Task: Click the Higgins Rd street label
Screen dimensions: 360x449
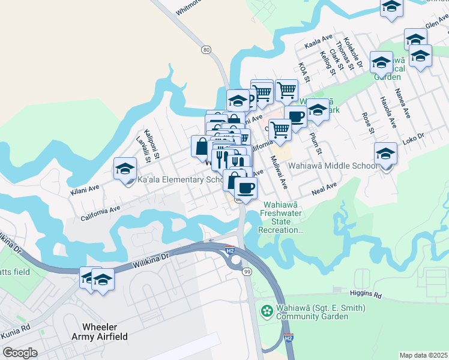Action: coord(365,295)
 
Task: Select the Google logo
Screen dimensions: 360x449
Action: coord(20,353)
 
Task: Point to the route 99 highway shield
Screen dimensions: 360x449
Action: coord(247,272)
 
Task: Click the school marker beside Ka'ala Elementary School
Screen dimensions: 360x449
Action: coord(125,169)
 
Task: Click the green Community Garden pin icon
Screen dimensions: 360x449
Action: coord(267,311)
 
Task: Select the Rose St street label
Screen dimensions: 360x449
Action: coord(367,122)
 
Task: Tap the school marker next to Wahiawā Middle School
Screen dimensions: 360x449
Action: coord(385,153)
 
